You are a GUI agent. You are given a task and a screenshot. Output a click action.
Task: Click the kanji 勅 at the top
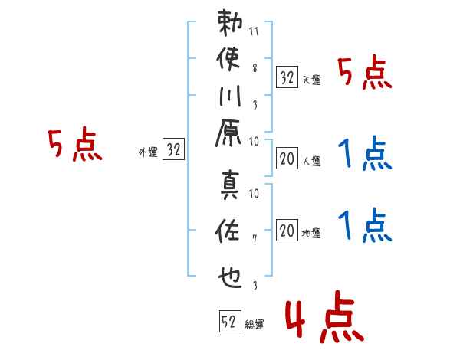click(230, 23)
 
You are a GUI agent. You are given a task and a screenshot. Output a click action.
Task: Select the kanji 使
click(228, 59)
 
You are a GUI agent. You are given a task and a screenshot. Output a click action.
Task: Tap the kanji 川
click(230, 96)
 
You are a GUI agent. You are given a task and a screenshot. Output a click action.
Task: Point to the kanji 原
click(228, 133)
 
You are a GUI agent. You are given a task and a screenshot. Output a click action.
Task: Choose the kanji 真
click(230, 185)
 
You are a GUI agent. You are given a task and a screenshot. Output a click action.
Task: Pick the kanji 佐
click(228, 231)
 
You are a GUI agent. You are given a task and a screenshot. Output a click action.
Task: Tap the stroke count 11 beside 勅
click(254, 31)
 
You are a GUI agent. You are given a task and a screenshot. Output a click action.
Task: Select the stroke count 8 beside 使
click(255, 68)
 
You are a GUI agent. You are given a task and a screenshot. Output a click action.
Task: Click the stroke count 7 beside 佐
click(255, 239)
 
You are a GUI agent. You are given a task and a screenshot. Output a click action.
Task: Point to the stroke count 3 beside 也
click(255, 285)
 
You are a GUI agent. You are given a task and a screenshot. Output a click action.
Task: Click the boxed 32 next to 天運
click(287, 77)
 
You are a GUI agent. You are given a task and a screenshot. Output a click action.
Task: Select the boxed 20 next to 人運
click(287, 159)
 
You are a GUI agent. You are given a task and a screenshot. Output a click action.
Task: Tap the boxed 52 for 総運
click(230, 321)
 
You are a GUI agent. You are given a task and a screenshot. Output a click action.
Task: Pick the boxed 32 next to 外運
click(173, 149)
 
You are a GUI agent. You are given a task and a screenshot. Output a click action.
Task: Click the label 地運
click(311, 234)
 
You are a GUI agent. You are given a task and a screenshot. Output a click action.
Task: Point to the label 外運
click(148, 152)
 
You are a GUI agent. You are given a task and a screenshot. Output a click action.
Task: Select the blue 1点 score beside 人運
click(365, 153)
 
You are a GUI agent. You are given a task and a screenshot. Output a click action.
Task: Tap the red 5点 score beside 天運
click(365, 73)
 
